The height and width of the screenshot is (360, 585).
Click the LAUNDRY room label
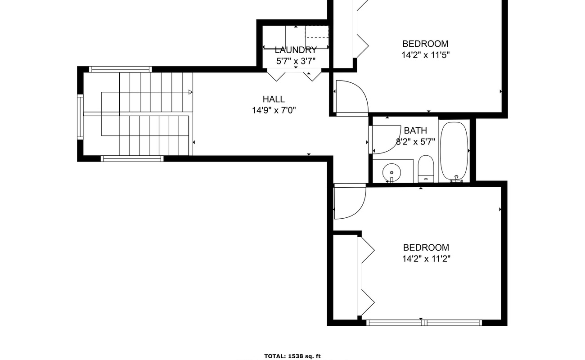[x=296, y=50]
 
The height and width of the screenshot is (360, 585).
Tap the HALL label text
[x=274, y=99]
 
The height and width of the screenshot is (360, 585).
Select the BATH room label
[x=415, y=131]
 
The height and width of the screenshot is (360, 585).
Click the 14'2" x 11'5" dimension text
[x=426, y=55]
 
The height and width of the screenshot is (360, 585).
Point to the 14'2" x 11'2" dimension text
[x=426, y=259]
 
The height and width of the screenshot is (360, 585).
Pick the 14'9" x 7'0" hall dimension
[x=274, y=110]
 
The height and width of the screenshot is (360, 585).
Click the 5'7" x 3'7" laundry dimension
[x=296, y=61]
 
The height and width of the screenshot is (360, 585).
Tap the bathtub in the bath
[x=454, y=151]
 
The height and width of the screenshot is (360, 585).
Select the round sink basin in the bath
[x=391, y=172]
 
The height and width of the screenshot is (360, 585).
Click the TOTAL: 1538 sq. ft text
[x=292, y=356]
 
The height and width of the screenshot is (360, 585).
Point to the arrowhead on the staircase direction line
[x=190, y=92]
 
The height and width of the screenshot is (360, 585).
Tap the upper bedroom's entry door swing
[x=353, y=97]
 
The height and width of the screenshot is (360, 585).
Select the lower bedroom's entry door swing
[x=351, y=202]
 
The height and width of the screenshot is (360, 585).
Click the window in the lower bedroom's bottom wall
[x=424, y=322]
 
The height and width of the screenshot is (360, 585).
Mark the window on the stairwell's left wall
[x=80, y=116]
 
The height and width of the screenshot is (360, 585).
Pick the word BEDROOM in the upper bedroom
[x=425, y=44]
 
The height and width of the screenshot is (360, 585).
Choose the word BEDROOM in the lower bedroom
[x=426, y=247]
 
